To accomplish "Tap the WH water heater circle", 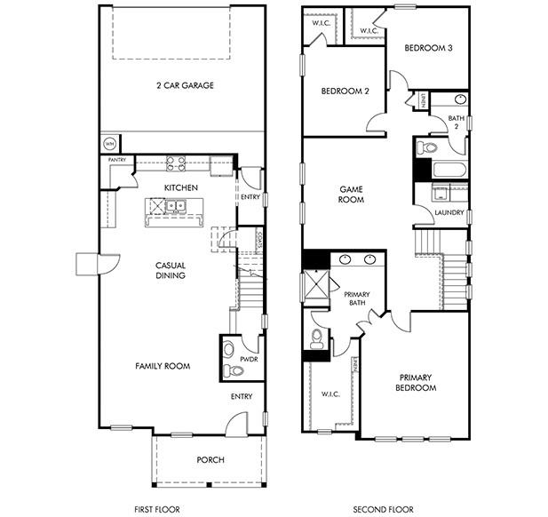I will (x=110, y=142).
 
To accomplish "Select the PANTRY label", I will (x=117, y=159).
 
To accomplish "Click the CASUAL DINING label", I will (x=170, y=270).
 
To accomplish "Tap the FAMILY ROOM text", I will (x=163, y=366).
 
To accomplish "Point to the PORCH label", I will (x=210, y=459).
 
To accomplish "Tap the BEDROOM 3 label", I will (x=429, y=48).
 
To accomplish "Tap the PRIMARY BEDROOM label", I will (x=417, y=382).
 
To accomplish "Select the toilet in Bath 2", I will (x=429, y=147).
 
